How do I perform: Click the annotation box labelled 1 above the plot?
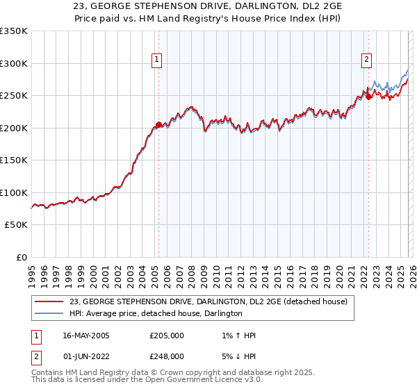coord(158,60)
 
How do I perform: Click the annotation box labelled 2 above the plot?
coord(366,60)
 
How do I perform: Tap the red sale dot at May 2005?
coord(158,125)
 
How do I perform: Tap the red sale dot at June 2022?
coord(368,97)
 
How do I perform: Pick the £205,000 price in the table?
coord(167,336)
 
